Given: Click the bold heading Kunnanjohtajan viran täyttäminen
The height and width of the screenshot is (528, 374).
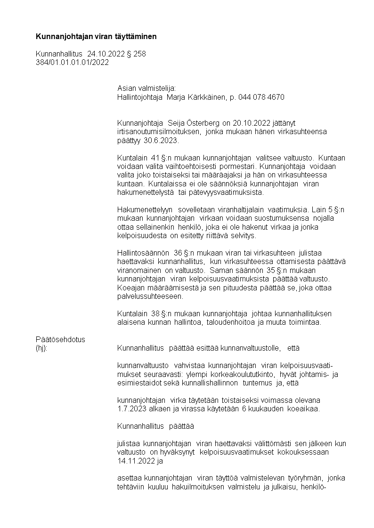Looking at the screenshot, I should tap(96, 36).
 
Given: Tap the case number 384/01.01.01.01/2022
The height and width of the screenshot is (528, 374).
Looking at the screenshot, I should tap(72, 62).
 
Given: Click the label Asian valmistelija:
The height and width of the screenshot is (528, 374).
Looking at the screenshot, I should tap(146, 88).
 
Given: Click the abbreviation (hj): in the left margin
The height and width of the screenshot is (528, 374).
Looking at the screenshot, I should tap(42, 348).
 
